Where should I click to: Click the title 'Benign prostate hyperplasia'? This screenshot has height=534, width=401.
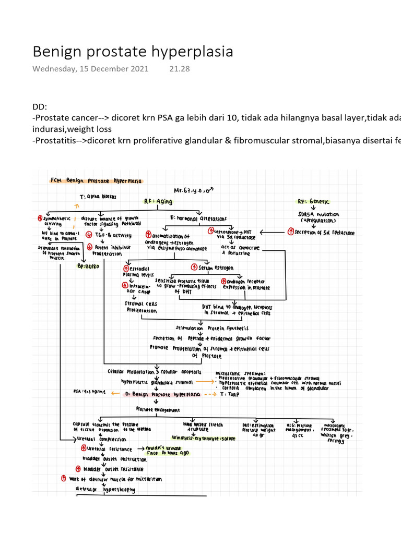pos(133,52)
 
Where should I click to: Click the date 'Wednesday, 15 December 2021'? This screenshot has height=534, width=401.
pos(90,69)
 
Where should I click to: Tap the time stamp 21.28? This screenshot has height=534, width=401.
pos(179,69)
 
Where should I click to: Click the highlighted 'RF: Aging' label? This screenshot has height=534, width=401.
pos(158,201)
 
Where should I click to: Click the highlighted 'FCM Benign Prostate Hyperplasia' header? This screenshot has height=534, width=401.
pos(96,180)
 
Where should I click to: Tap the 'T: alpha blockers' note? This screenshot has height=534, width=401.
pos(97,197)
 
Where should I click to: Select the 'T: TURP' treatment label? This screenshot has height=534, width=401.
pos(232,395)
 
